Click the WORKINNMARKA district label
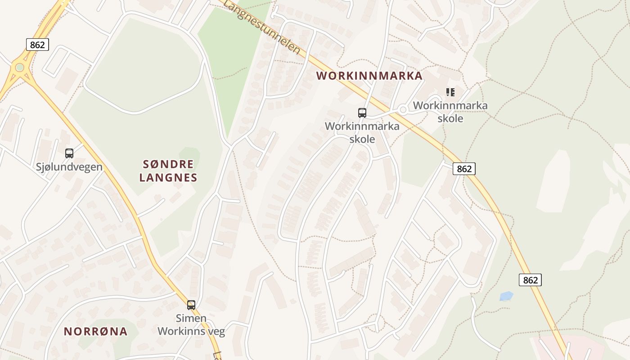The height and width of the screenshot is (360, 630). click(369, 76)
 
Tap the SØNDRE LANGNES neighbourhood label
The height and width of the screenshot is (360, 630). click(168, 171)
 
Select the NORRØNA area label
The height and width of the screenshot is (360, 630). click(95, 332)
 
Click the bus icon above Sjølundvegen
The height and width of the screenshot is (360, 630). click(69, 153)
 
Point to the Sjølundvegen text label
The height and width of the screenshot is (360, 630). click(69, 167)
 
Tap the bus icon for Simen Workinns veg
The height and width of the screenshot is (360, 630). click(191, 305)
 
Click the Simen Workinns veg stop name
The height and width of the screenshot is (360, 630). click(191, 325)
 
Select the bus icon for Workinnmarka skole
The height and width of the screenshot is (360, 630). click(362, 113)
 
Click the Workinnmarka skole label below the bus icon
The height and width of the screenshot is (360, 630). click(362, 132)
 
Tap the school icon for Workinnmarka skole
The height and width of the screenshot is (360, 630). click(450, 92)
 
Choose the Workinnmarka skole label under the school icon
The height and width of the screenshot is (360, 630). click(450, 112)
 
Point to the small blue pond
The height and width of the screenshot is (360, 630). click(506, 296)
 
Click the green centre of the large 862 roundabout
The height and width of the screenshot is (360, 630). click(19, 67)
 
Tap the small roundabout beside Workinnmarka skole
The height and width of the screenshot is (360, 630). click(403, 109)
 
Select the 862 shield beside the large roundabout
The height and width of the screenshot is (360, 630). click(37, 45)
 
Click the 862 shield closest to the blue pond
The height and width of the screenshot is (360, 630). click(530, 280)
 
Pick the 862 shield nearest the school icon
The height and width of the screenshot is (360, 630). click(464, 169)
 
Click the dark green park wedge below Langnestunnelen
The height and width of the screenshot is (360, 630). click(229, 63)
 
